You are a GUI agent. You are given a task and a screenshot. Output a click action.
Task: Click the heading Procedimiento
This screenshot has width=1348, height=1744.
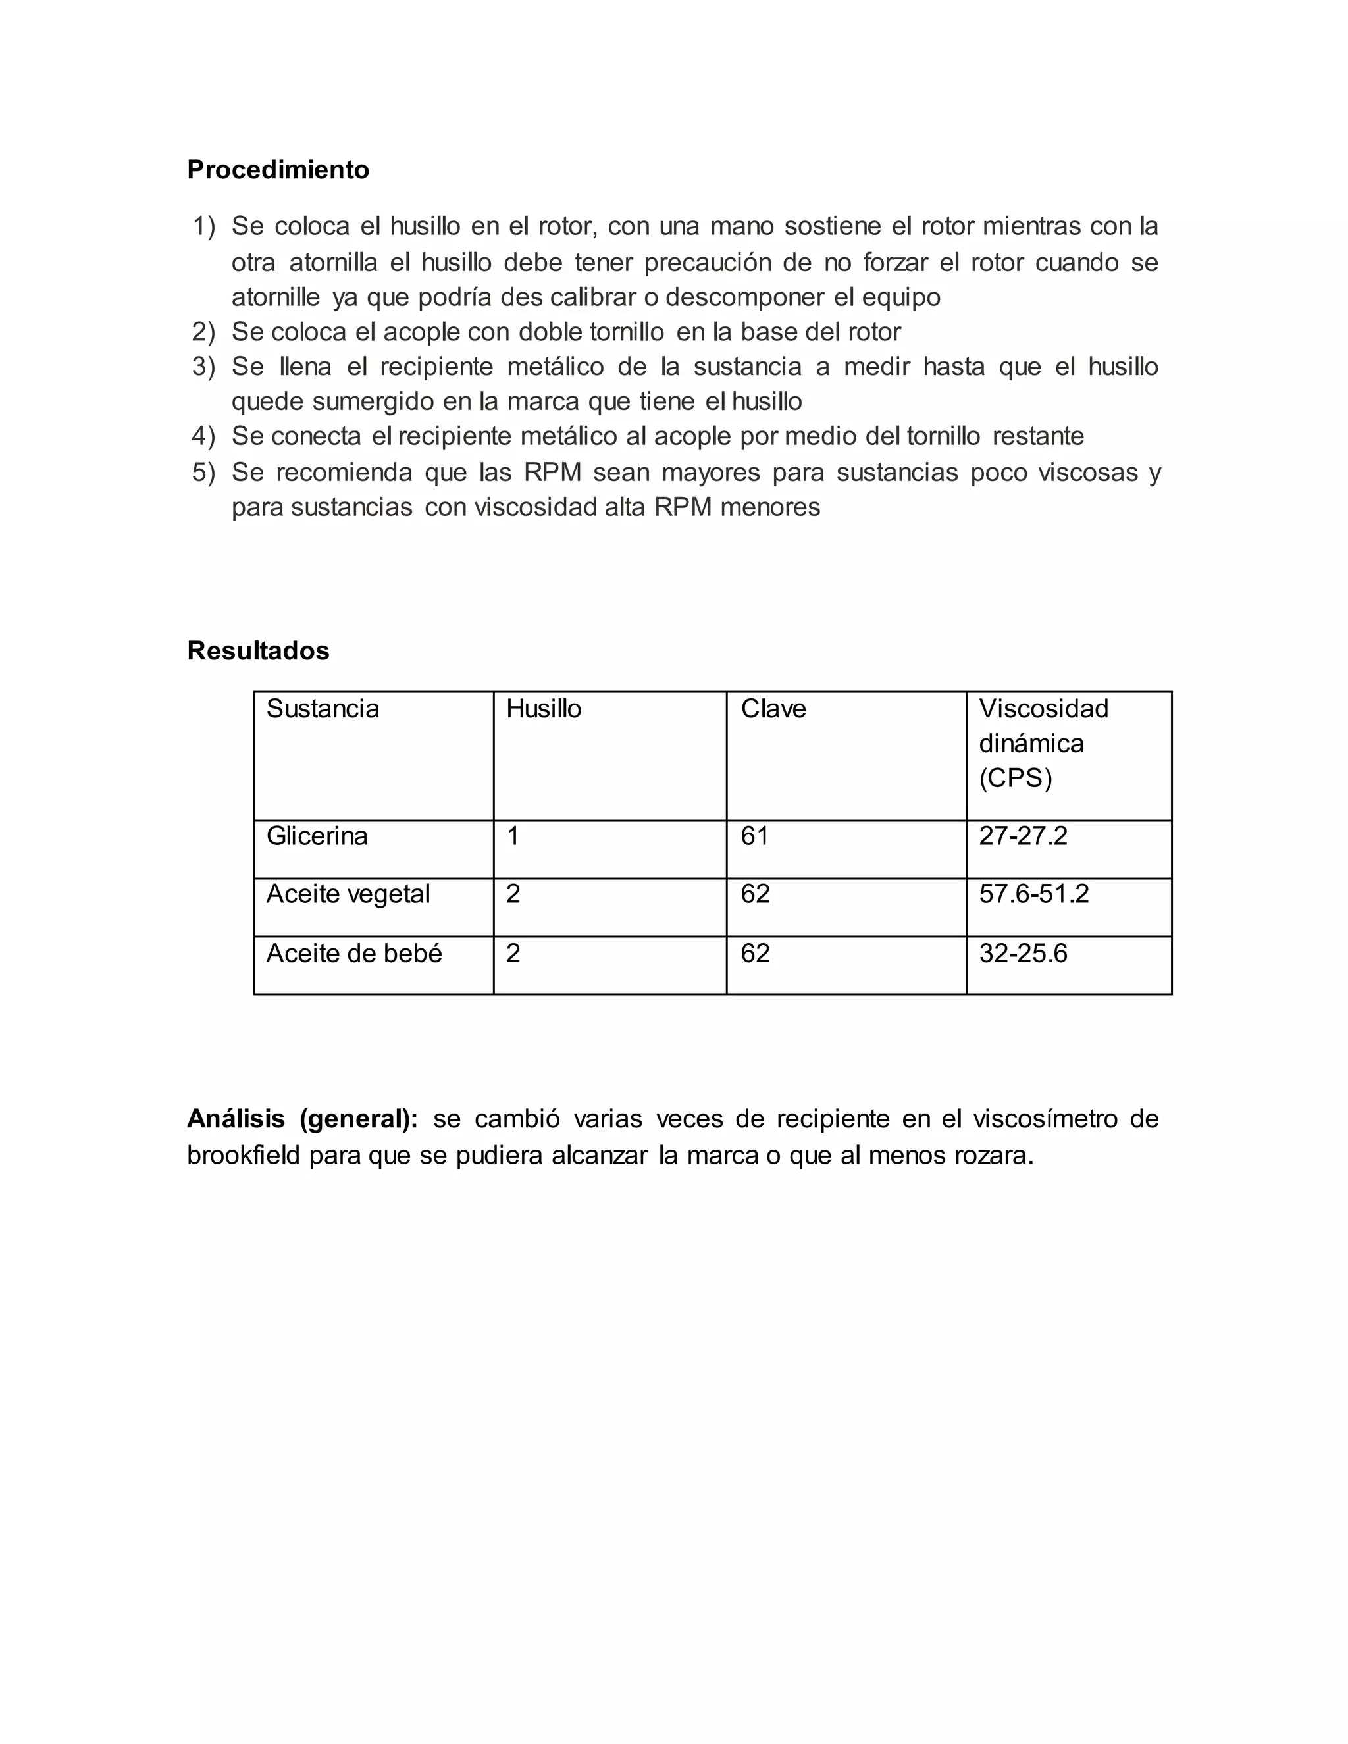pyautogui.click(x=278, y=170)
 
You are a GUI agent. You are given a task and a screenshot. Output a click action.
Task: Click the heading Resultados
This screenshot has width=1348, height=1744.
pyautogui.click(x=258, y=651)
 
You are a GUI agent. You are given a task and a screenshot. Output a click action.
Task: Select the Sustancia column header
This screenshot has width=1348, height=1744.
pyautogui.click(x=323, y=709)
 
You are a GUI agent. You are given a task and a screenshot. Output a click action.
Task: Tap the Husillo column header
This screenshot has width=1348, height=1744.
pyautogui.click(x=543, y=709)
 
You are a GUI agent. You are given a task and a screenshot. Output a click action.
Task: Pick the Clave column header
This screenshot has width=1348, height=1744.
pyautogui.click(x=773, y=709)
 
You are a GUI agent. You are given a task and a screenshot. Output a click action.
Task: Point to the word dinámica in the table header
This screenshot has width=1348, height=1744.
pyautogui.click(x=1031, y=744)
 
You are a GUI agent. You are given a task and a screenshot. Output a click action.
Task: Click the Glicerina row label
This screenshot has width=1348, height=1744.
pyautogui.click(x=317, y=836)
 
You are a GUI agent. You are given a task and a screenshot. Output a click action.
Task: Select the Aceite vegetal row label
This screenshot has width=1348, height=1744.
pyautogui.click(x=348, y=894)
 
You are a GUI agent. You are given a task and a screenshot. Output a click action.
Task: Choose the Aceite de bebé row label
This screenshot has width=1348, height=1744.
pyautogui.click(x=353, y=954)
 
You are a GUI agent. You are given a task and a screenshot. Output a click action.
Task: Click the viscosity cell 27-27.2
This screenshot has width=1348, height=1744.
pyautogui.click(x=1023, y=836)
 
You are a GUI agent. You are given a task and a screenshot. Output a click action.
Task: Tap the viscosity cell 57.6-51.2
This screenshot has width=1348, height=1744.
pyautogui.click(x=1033, y=894)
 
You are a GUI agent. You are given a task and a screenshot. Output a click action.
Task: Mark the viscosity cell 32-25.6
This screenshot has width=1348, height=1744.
pyautogui.click(x=1023, y=954)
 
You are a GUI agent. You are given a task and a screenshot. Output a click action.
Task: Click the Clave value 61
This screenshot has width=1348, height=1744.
pyautogui.click(x=755, y=836)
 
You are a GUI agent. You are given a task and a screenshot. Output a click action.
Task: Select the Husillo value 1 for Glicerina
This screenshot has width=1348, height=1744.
pyautogui.click(x=513, y=836)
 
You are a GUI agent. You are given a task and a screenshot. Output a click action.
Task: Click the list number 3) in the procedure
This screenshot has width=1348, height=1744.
pyautogui.click(x=203, y=367)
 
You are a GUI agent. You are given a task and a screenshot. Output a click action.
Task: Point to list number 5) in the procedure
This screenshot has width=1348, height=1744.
pyautogui.click(x=203, y=472)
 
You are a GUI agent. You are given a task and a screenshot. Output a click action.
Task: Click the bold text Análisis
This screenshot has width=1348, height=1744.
pyautogui.click(x=236, y=1119)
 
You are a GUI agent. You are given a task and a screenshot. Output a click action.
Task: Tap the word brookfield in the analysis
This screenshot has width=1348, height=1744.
pyautogui.click(x=244, y=1156)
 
